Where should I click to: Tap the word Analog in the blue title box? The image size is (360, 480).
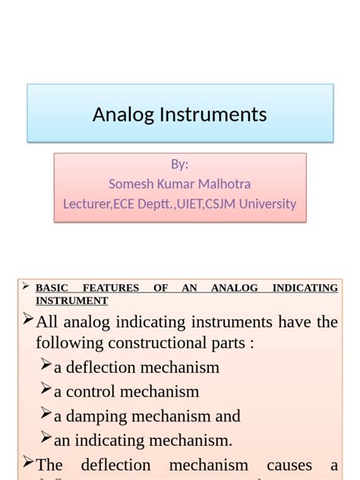click(122, 115)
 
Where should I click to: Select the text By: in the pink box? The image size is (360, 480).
click(180, 165)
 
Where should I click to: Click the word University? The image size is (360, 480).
click(267, 204)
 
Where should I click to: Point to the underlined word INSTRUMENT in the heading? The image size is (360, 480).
click(71, 301)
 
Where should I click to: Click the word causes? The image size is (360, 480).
click(289, 465)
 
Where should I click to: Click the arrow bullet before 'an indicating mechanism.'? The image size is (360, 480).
click(46, 438)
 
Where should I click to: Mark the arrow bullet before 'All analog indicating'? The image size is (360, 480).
click(28, 319)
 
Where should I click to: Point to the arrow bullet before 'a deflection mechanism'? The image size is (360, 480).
click(46, 366)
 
